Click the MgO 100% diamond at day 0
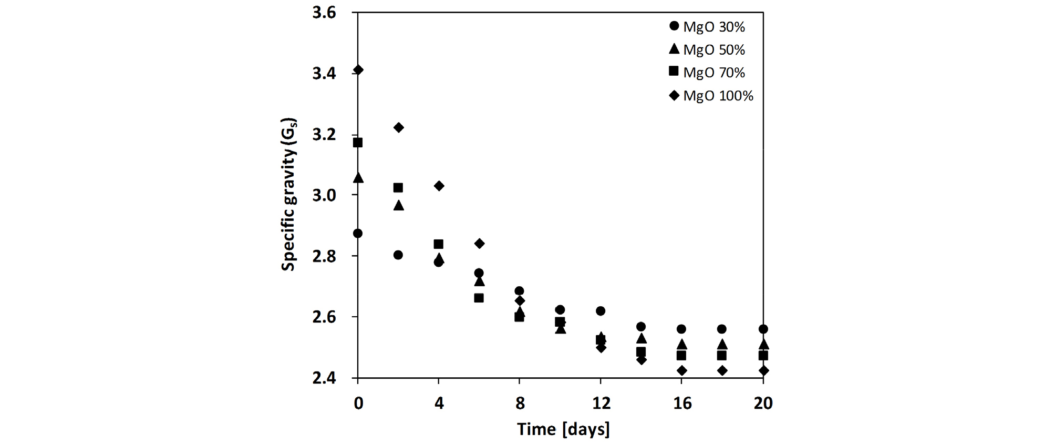(358, 70)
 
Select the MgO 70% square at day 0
(358, 143)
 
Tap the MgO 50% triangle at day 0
(358, 178)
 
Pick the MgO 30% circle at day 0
(358, 233)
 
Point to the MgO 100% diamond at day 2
(398, 127)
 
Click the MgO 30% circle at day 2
(398, 255)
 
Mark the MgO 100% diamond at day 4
(439, 186)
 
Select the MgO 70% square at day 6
(479, 298)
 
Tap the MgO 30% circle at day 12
(601, 311)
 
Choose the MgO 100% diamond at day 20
(763, 370)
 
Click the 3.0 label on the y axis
(324, 195)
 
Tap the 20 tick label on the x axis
(763, 404)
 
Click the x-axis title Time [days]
(563, 429)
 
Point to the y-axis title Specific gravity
(288, 195)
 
